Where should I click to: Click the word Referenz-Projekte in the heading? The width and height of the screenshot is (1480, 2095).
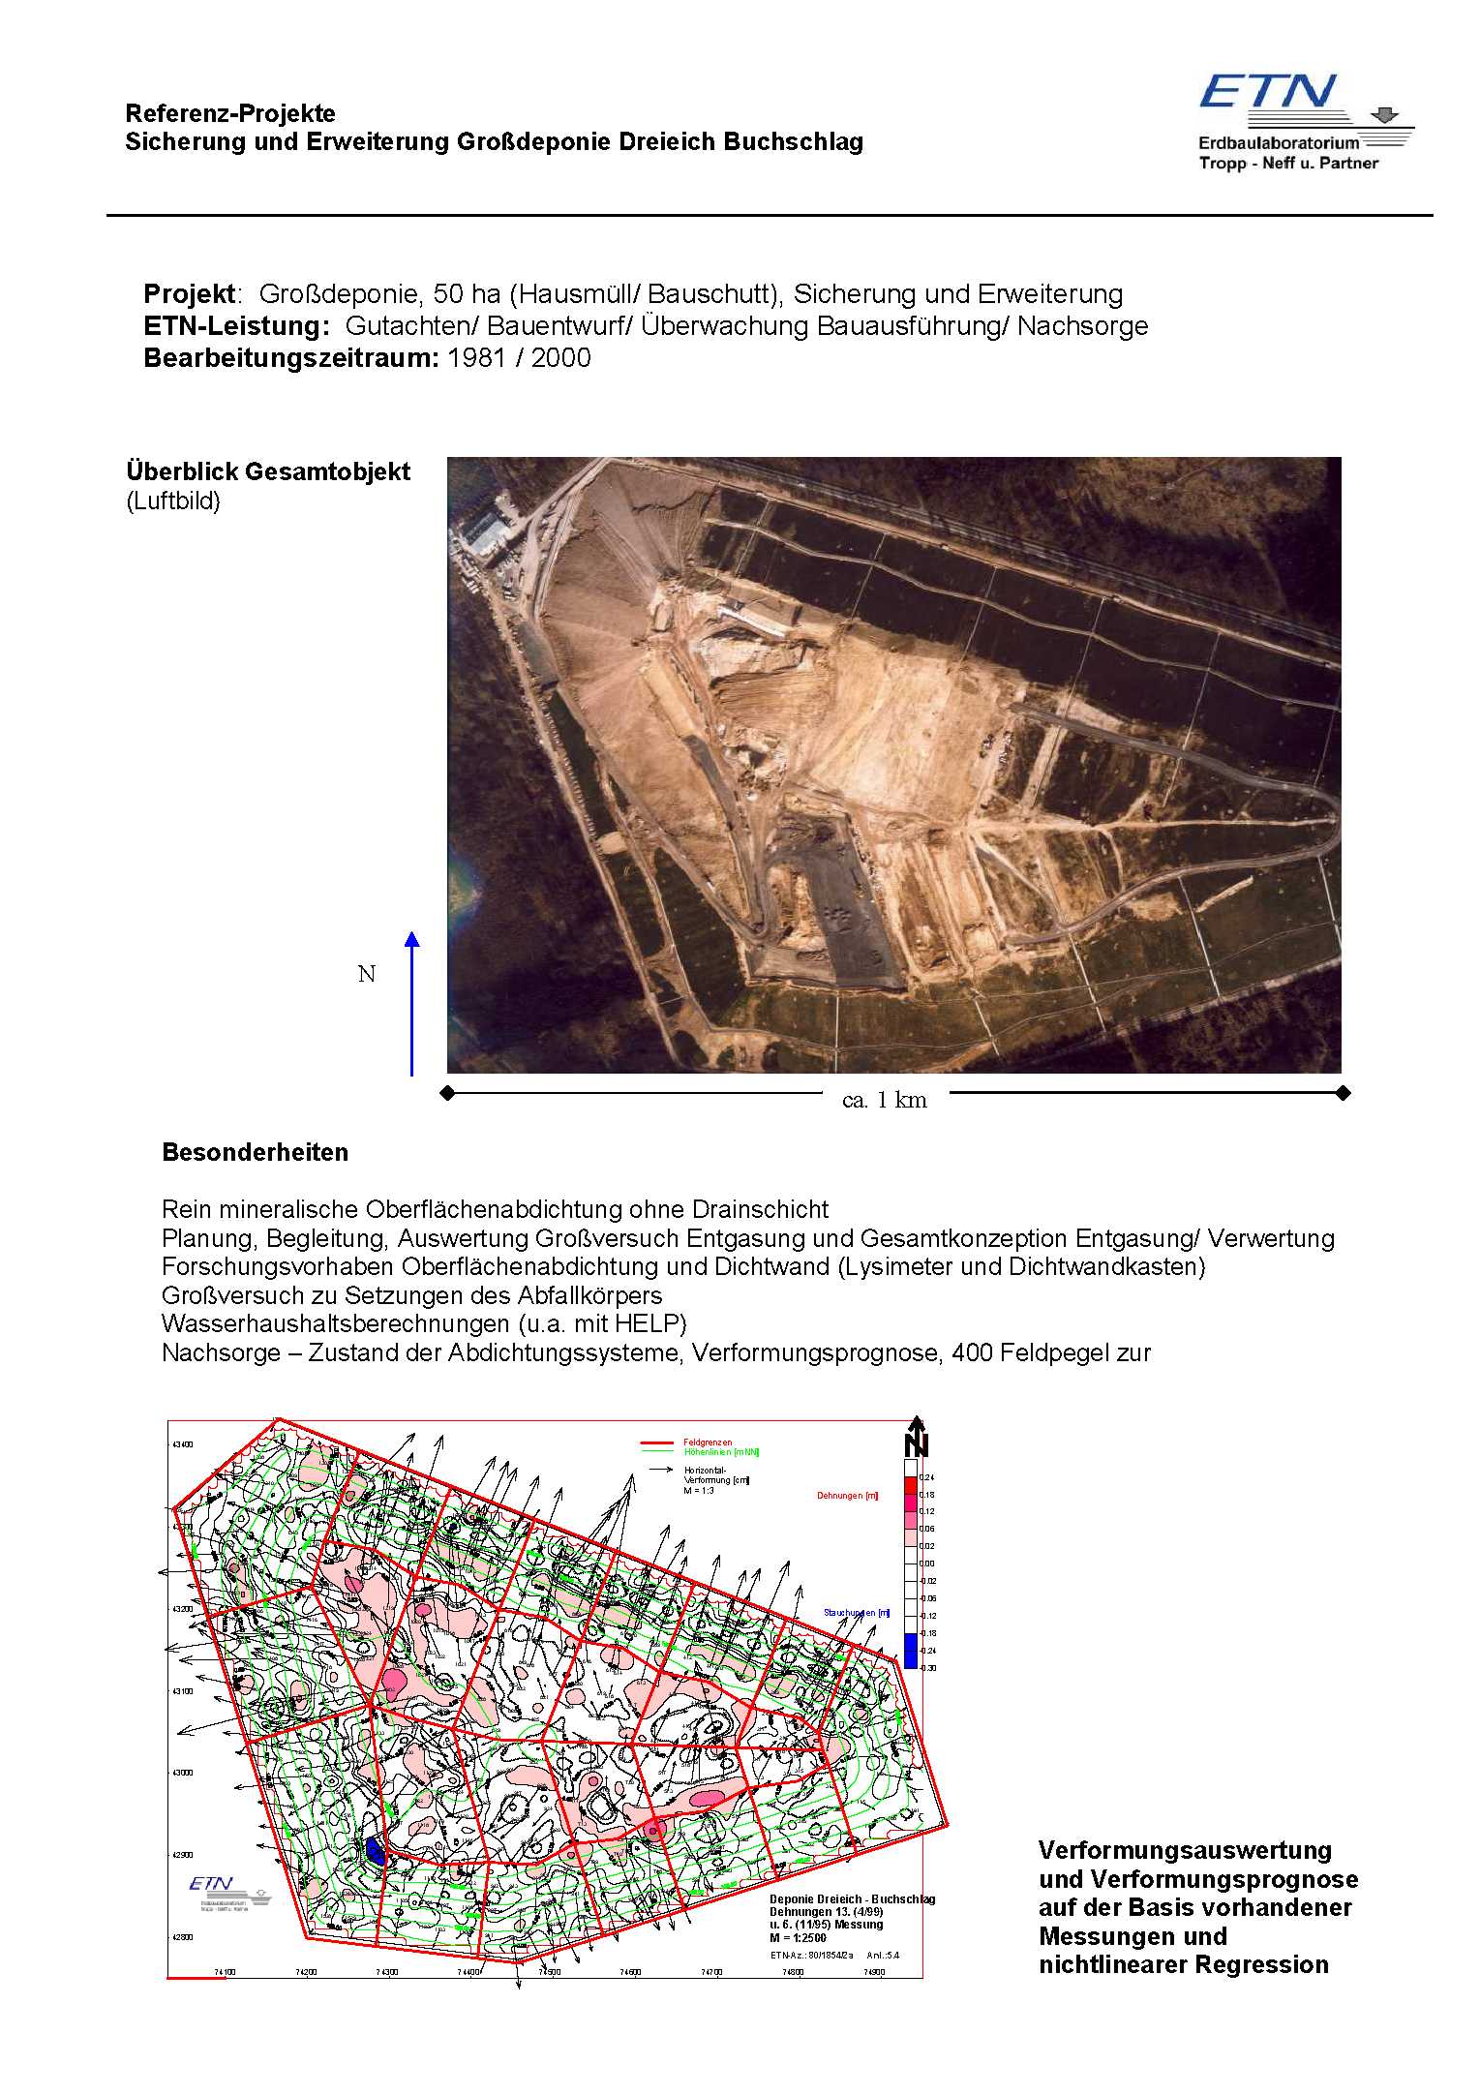(230, 113)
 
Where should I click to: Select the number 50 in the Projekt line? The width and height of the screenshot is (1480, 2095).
(448, 294)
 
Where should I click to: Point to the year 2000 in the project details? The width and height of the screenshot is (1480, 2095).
(560, 358)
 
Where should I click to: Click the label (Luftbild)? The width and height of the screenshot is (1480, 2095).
(173, 501)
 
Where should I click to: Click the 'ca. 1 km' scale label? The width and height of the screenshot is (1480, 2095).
(884, 1100)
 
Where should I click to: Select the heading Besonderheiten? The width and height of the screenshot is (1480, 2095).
(255, 1152)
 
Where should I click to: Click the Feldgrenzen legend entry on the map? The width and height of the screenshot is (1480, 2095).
(708, 1442)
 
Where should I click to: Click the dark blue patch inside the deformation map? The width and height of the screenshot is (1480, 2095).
(376, 1850)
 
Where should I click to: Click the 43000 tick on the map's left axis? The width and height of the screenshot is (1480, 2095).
(182, 1773)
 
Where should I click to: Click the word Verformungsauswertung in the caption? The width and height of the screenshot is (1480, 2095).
(1185, 1850)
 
